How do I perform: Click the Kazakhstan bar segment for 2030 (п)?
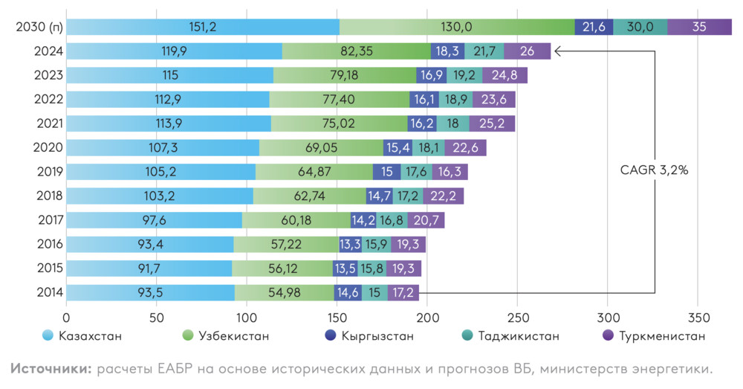(202, 27)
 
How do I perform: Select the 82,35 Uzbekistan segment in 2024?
(357, 51)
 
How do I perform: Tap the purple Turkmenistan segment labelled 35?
(699, 27)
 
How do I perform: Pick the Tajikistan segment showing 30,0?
(640, 27)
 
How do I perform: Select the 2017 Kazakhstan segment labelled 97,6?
(154, 220)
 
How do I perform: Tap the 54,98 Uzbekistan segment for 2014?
(284, 292)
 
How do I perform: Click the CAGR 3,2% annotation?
(655, 170)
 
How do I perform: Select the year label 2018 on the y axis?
(50, 196)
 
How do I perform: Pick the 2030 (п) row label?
(39, 28)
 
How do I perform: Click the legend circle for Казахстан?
(48, 336)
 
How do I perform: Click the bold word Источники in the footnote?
(50, 368)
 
